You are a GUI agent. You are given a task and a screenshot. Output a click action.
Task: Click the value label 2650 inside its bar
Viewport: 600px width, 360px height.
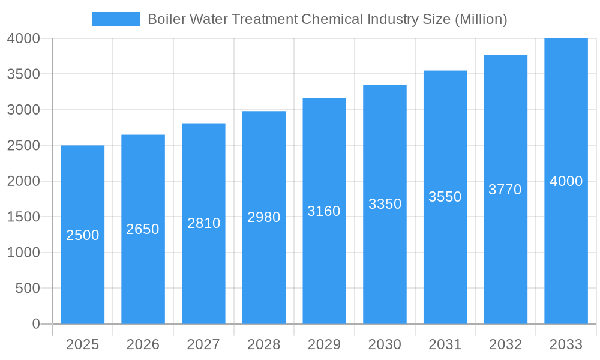pos(143,229)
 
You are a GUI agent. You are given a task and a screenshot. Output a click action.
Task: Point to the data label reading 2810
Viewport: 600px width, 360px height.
pos(204,223)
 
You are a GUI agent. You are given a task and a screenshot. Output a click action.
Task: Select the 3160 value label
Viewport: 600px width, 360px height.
pos(324,211)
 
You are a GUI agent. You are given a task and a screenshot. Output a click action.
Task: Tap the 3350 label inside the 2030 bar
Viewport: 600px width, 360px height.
pos(385,204)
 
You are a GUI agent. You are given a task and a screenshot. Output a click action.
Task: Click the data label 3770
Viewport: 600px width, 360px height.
pos(505,190)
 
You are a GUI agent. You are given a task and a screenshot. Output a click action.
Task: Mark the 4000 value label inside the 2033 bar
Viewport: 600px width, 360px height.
pos(566,181)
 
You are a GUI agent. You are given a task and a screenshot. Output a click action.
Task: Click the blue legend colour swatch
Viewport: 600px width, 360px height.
pos(116,19)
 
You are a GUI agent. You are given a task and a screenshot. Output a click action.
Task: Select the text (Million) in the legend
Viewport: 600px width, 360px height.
pos(481,19)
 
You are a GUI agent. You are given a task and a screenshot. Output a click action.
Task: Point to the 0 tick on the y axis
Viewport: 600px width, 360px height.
pos(35,324)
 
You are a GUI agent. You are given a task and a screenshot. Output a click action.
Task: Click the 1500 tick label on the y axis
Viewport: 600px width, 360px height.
pos(23,217)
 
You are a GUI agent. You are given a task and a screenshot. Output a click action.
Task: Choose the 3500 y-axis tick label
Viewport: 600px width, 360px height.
pos(23,74)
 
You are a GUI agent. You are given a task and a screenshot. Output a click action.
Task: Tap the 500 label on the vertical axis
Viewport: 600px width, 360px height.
pos(28,288)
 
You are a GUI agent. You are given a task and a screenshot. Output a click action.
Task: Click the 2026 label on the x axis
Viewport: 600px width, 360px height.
pos(143,344)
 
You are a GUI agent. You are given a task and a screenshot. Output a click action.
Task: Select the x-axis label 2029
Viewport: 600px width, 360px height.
pos(324,344)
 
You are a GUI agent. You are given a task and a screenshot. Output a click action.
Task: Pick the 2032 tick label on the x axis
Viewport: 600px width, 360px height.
pos(505,344)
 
